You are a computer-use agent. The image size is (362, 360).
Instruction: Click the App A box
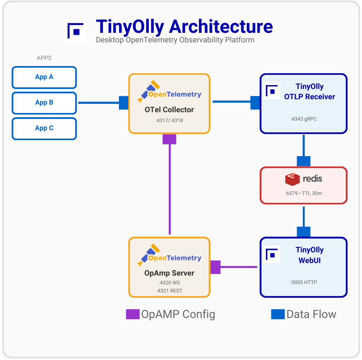coord(44,77)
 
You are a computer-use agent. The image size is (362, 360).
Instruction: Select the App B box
coord(44,103)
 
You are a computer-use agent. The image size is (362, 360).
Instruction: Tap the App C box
coord(44,128)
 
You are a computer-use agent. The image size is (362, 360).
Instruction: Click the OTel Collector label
coord(169,110)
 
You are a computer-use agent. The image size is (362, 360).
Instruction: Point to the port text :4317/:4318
coord(169,120)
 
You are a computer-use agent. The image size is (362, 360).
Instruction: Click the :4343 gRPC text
coord(304,119)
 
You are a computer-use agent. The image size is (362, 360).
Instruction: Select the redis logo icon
coord(292,179)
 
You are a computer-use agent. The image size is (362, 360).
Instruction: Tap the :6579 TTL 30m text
coord(304,193)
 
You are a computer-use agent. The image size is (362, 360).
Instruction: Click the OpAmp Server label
coord(169,273)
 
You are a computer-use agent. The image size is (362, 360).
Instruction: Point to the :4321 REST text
coord(169,291)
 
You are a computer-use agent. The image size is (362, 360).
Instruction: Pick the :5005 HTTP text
coord(304,283)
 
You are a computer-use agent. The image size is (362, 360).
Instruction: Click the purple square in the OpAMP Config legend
coord(133,314)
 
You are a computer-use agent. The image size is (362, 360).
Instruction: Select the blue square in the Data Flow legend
coord(278,314)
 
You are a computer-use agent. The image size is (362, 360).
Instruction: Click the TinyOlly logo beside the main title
coord(75,30)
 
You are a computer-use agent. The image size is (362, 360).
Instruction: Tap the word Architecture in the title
coord(220,27)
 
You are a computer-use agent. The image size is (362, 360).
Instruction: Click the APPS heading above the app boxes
coord(44,58)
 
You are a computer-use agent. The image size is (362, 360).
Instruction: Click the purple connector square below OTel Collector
coord(169,139)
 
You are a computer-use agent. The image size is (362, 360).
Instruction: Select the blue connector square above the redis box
coord(304,161)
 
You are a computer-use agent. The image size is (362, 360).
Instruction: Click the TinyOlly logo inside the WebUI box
coord(272,255)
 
